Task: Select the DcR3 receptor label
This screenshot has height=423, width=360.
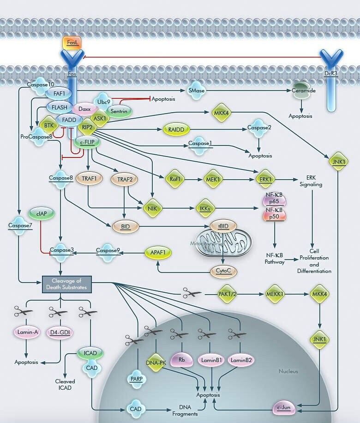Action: [330, 74]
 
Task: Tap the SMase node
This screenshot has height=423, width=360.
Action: [197, 91]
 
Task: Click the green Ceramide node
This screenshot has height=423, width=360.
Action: [303, 91]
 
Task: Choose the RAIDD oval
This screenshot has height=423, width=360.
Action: [176, 130]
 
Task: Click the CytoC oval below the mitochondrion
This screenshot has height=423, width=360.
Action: [223, 272]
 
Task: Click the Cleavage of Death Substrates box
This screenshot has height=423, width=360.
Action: [67, 284]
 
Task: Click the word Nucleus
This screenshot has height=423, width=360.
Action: [288, 371]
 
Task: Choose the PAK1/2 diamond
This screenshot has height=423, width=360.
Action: [229, 294]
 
